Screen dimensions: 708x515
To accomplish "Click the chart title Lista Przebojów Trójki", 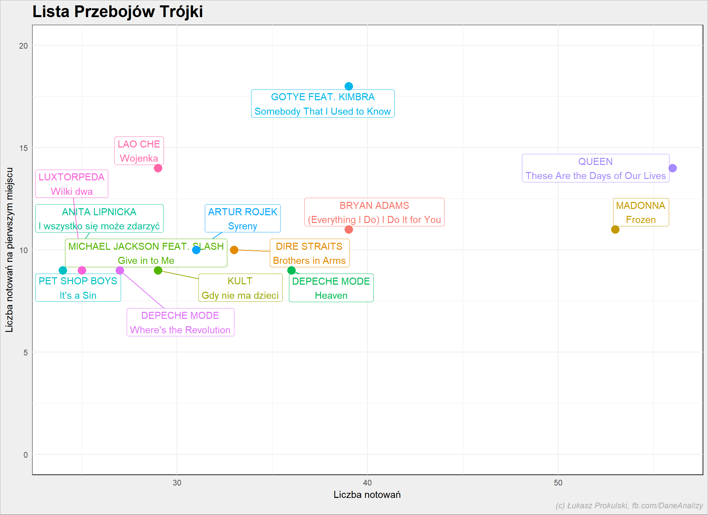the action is point(118,12).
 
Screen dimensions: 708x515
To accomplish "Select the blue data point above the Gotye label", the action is point(349,86).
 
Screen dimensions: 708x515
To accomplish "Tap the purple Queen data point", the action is point(672,168).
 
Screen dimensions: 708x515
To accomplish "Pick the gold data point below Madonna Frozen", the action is point(615,229).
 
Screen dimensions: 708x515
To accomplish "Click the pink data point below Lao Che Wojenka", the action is point(158,168).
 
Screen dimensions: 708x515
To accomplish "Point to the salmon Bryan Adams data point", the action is point(349,229).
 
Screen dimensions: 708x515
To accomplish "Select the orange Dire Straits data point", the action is point(234,250).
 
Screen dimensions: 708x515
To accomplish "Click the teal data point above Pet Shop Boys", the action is point(63,270).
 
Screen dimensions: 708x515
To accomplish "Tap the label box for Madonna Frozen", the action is point(641,212).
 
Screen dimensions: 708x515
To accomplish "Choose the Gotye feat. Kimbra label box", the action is point(323,104).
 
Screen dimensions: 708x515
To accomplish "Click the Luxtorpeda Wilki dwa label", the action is point(72,184).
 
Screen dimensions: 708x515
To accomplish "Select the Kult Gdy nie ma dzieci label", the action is point(240,288).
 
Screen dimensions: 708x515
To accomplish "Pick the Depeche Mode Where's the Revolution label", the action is point(180,322).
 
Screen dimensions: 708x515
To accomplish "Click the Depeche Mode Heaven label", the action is point(331,288).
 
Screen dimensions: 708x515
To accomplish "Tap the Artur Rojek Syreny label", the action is point(243,218).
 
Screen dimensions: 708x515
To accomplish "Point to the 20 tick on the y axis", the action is point(23,46).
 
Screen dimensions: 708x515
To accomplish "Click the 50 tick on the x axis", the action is point(558,483).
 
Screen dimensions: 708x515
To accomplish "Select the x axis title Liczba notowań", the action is point(367,495).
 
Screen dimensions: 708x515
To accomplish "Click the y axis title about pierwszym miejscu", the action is point(9,250).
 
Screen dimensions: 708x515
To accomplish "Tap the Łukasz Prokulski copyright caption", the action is point(629,506).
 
